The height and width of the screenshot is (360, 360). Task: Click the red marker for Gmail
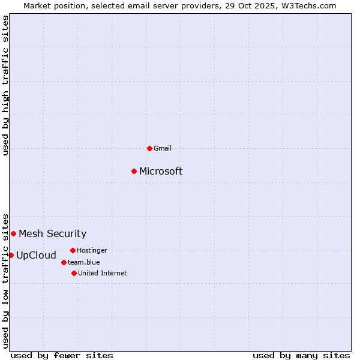pos(149,148)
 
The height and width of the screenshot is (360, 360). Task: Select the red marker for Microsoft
pos(134,171)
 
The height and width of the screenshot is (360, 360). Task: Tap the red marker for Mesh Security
pos(13,233)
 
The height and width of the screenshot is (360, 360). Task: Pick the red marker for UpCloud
pos(11,255)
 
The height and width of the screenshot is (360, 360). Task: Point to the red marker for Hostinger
pos(73,250)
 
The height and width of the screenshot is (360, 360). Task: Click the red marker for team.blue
pos(64,262)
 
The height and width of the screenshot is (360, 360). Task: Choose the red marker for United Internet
pos(74,273)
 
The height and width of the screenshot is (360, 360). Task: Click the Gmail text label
pos(163,148)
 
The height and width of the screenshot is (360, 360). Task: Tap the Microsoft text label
pos(161,172)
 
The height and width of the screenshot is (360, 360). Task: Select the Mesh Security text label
pos(52,234)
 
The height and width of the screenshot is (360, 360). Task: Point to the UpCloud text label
pos(36,256)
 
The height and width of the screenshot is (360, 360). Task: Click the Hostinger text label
pos(92,250)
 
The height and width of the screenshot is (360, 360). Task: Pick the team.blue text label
pos(83,262)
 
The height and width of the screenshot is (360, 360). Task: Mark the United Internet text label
pos(102,273)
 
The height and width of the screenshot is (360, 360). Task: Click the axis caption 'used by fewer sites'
pos(62,355)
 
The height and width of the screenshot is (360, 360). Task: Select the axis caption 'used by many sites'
pos(301,355)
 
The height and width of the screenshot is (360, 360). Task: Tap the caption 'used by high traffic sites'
pos(6,85)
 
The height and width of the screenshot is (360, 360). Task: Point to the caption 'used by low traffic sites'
pos(6,280)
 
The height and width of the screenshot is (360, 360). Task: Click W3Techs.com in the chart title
pos(310,5)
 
